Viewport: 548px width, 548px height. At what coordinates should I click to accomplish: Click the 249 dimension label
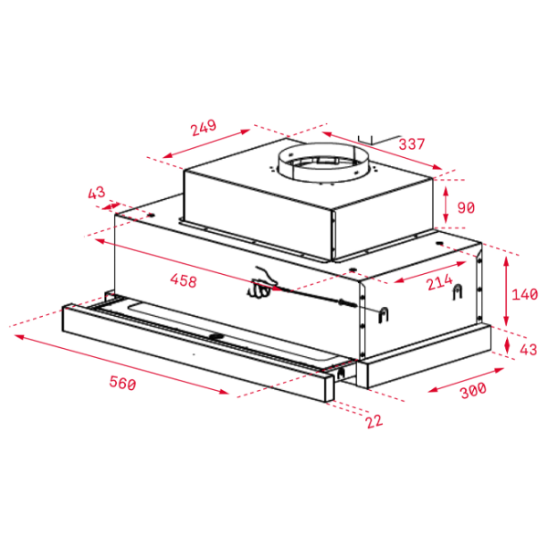coord(204,128)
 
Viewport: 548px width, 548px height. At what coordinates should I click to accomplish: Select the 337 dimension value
coord(412,144)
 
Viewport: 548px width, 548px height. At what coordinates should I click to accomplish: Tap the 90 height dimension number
coord(466,207)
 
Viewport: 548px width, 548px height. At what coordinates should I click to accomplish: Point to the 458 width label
coord(184,280)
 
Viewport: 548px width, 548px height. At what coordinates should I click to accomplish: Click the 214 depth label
coord(439,282)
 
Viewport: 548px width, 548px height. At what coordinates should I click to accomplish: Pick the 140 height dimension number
coord(524,294)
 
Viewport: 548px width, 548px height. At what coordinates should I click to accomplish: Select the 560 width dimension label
coord(122,383)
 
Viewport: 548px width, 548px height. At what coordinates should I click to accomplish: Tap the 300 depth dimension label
coord(473,391)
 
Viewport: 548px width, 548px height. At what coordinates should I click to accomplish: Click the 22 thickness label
coord(374,421)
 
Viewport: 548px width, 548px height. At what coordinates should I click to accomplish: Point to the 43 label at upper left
coord(96,193)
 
